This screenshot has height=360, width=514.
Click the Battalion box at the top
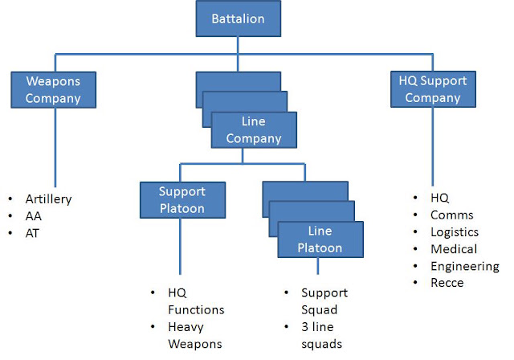pyautogui.click(x=239, y=18)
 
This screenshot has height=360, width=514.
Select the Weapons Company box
pyautogui.click(x=54, y=90)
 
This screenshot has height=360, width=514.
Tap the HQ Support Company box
pyautogui.click(x=433, y=89)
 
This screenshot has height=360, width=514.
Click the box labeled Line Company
pyautogui.click(x=254, y=130)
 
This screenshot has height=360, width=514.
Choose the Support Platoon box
pyautogui.click(x=182, y=200)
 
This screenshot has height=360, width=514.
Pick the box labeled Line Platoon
pyautogui.click(x=320, y=239)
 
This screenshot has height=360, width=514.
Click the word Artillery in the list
pyautogui.click(x=48, y=199)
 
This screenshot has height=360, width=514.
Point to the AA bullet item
pyautogui.click(x=34, y=216)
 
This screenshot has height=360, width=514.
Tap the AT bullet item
pyautogui.click(x=32, y=234)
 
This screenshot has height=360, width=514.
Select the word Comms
pyautogui.click(x=452, y=215)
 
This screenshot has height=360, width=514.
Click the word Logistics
pyautogui.click(x=455, y=232)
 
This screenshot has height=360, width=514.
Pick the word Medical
pyautogui.click(x=454, y=249)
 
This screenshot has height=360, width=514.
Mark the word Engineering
pyautogui.click(x=465, y=266)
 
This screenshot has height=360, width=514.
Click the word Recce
pyautogui.click(x=447, y=283)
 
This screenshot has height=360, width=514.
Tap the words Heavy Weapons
pyautogui.click(x=195, y=335)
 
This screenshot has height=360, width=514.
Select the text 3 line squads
pyautogui.click(x=321, y=335)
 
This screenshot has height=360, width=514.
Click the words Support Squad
pyautogui.click(x=324, y=301)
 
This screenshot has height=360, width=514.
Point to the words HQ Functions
pyautogui.click(x=196, y=301)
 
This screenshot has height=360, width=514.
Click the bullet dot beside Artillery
pyautogui.click(x=10, y=198)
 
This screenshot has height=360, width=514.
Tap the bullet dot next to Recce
pyautogui.click(x=415, y=282)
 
